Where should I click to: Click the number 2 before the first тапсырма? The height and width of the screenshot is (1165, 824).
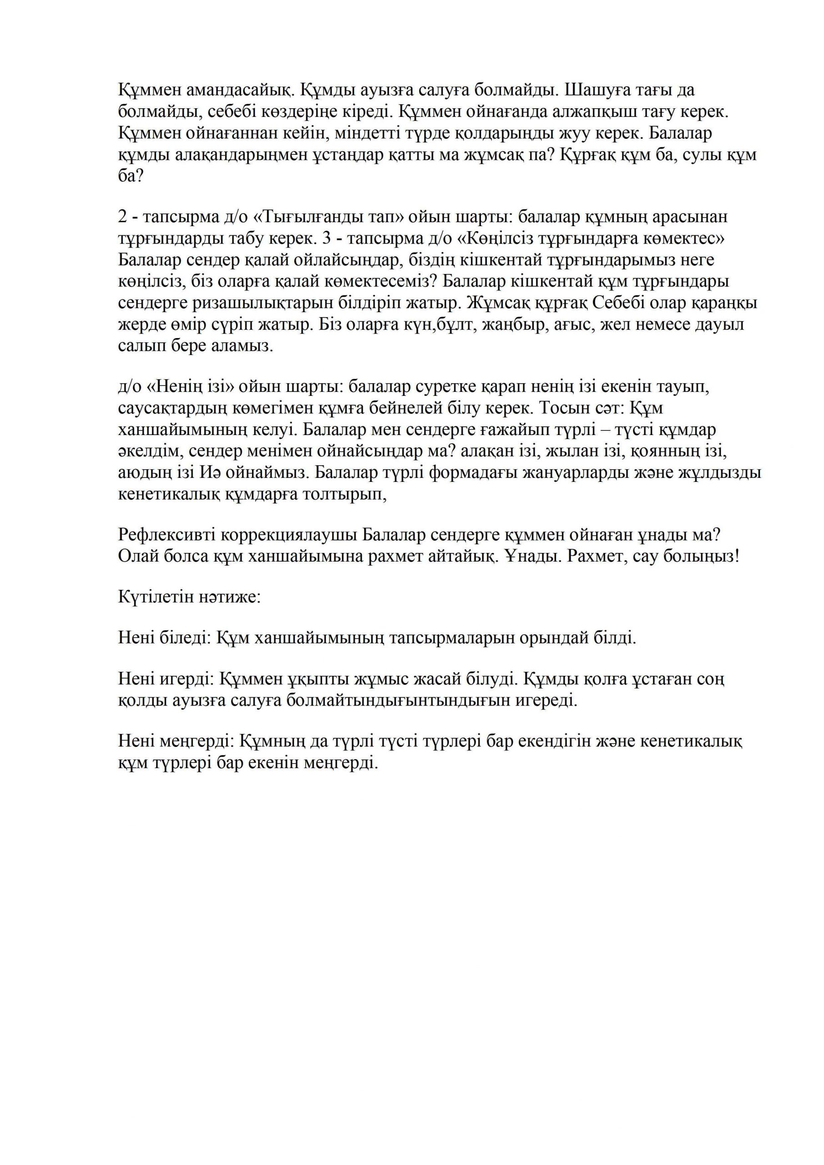click(122, 217)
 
